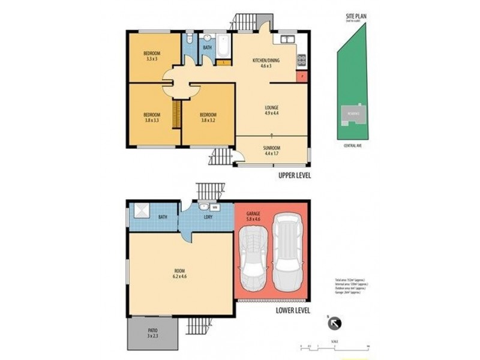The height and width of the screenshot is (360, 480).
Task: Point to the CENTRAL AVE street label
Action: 352,145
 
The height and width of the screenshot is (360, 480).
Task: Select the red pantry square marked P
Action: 302,76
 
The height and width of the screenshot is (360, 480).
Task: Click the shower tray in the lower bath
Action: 142,211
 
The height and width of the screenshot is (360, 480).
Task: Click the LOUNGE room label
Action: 272,107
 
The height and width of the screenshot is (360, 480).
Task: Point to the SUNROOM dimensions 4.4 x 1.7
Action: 272,153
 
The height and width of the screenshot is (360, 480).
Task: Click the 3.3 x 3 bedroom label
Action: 152,59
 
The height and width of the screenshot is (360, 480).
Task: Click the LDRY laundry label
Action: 208,217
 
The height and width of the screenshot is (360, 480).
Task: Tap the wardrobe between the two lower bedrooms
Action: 176,114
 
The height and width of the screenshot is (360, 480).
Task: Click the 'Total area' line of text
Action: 349,280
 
